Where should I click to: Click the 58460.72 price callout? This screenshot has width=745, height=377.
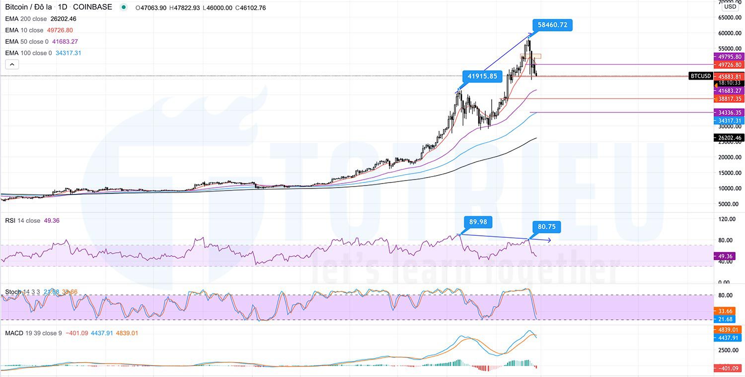pos(552,24)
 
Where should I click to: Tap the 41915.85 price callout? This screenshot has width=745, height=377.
pos(482,76)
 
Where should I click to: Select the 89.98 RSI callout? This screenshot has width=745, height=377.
pos(478,221)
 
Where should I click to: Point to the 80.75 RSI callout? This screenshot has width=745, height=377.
pos(546,227)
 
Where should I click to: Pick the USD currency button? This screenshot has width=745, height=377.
pos(730,6)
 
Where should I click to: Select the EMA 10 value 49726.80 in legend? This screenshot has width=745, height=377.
pos(60,30)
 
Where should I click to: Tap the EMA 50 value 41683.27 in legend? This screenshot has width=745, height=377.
pos(65,42)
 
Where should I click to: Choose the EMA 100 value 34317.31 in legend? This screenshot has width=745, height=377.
pos(69,53)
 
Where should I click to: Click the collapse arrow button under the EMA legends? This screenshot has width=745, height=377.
pos(12,64)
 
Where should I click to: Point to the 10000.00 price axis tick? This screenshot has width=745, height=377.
pos(730,188)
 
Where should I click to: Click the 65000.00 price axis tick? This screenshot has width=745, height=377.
pos(730,17)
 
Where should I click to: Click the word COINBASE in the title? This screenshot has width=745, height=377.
pos(92,7)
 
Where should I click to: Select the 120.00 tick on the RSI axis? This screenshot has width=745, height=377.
pos(728,219)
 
